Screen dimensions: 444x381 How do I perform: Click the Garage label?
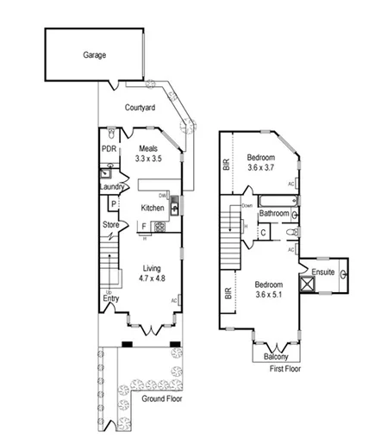tap(95, 54)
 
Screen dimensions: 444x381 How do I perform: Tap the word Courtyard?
tap(140, 108)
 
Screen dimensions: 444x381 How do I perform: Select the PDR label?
tap(109, 148)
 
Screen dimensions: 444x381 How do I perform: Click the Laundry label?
tap(113, 187)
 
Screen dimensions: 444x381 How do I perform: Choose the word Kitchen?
tap(153, 208)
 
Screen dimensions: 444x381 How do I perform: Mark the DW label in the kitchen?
tap(173, 196)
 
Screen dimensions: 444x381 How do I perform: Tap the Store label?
tap(110, 226)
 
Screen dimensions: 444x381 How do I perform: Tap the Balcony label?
tap(277, 355)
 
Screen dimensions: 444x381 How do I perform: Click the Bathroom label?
tap(274, 213)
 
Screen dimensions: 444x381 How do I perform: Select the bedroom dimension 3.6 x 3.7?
tap(260, 169)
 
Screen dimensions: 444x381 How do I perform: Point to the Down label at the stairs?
tap(247, 206)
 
